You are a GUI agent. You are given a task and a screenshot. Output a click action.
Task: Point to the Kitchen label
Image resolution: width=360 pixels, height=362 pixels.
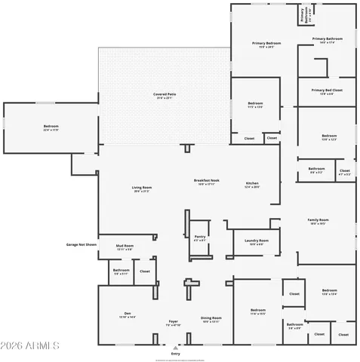(252, 184)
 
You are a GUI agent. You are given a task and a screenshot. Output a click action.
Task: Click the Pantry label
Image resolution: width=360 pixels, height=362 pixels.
(199, 237)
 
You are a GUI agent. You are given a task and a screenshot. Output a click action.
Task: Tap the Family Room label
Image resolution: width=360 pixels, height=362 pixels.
(318, 220)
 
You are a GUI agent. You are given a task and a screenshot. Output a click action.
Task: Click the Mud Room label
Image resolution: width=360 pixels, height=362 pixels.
(125, 246)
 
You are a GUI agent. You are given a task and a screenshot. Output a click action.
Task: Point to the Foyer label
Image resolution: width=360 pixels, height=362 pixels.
(173, 321)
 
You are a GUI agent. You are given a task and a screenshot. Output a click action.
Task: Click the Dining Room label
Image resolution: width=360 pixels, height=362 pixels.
(211, 318)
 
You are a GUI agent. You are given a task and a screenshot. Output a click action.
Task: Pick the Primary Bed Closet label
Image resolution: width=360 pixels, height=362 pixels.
(327, 90)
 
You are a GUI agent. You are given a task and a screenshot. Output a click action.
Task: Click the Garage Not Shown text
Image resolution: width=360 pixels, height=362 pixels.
(82, 244)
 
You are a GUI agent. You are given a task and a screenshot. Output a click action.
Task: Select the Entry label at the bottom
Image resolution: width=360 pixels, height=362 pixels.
(176, 353)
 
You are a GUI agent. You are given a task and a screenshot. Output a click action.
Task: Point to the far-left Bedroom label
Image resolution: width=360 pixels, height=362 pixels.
(51, 126)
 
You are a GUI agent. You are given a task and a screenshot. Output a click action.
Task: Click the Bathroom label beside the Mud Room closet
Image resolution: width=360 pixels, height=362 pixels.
(121, 270)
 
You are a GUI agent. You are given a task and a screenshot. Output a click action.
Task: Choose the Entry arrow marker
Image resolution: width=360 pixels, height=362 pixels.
(176, 346)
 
